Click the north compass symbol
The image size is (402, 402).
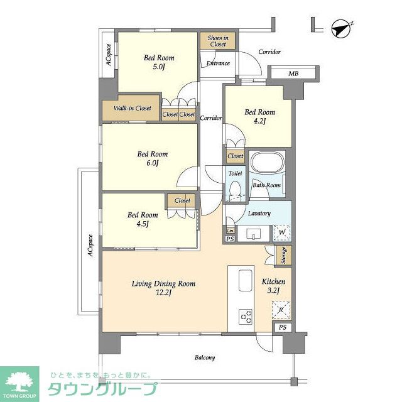[x=341, y=29]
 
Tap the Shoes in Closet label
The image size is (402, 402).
[x=218, y=41]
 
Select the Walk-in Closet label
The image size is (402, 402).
[x=133, y=108]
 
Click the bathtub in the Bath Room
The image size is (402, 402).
[x=268, y=163]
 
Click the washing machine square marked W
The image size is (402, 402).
[x=282, y=233]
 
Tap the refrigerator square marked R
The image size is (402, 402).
[x=281, y=310]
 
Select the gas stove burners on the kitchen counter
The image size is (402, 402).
[x=246, y=317]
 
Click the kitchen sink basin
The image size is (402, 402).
[x=246, y=281]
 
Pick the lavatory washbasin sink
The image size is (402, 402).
[x=253, y=234]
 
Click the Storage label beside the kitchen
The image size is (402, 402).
[x=283, y=256]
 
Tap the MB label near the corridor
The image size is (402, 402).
[x=293, y=74]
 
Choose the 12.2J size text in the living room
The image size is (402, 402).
[x=163, y=293]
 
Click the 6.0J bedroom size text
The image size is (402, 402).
[x=153, y=163]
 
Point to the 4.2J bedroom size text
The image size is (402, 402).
[x=259, y=121]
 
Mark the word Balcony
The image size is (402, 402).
[x=205, y=357]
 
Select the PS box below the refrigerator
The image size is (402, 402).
[x=283, y=327]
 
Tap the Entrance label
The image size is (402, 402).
[x=218, y=63]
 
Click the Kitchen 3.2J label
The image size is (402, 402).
[x=273, y=286]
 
